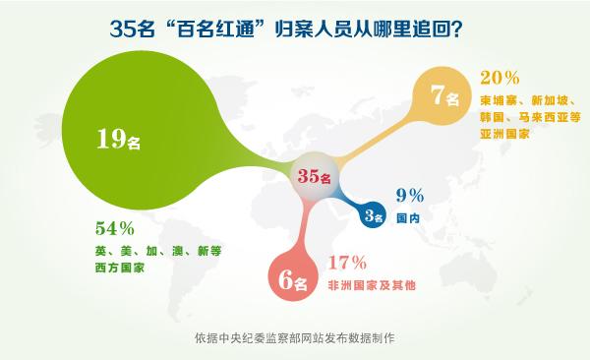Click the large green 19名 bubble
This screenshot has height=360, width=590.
pos(118,138)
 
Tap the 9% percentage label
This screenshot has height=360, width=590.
pos(410,195)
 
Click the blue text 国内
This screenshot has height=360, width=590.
pos(409,217)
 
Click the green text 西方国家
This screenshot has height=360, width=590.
pos(113,269)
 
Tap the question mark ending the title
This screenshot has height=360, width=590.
pos(456,30)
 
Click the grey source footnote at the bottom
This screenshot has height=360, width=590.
pos(295,338)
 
